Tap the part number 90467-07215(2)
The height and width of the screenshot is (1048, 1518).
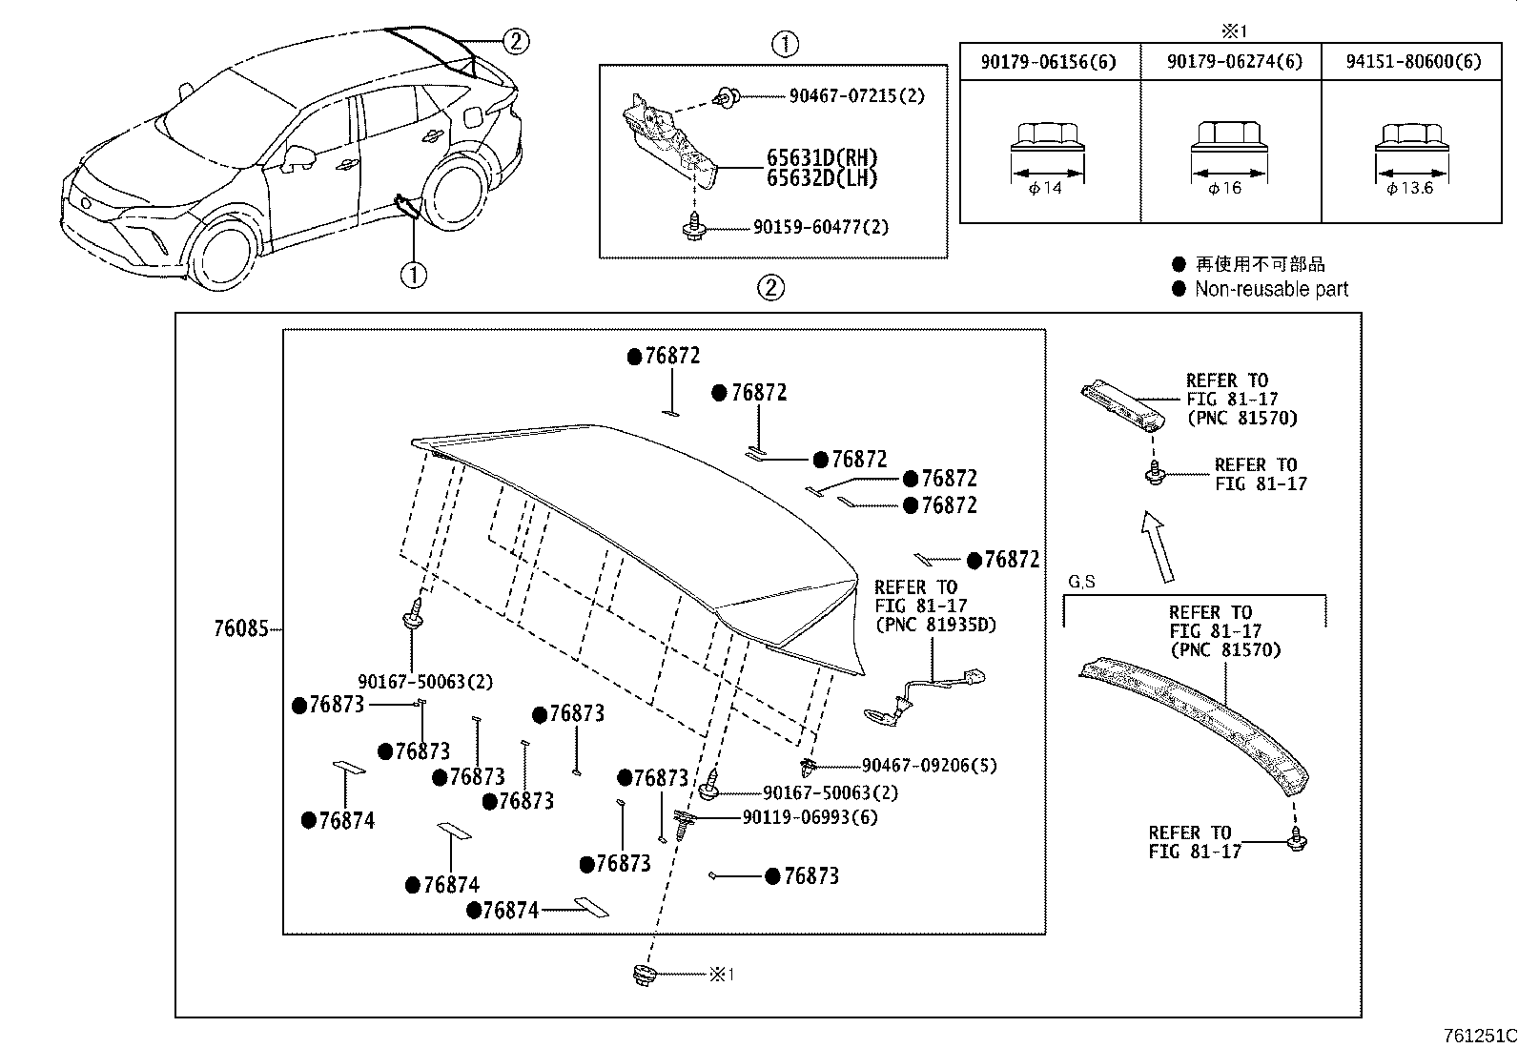click(x=856, y=96)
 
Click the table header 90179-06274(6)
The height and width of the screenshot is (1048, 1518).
click(x=1232, y=62)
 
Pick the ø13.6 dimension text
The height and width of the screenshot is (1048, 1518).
click(x=1411, y=188)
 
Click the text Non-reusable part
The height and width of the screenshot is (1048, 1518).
click(x=1271, y=289)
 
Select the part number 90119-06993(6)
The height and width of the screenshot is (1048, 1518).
click(x=810, y=817)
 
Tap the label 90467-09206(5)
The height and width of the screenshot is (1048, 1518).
click(x=929, y=765)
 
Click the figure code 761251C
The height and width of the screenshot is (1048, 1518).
click(x=1477, y=1035)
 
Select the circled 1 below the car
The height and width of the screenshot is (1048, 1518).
click(x=413, y=276)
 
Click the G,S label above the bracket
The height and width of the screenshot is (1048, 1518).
click(x=1081, y=582)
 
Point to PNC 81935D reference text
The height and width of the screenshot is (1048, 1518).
click(x=920, y=625)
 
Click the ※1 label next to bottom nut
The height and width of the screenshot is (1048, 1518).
click(x=721, y=974)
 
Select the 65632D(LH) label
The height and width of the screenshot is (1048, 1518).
click(x=822, y=178)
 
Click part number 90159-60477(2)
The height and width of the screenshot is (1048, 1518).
click(x=820, y=227)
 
